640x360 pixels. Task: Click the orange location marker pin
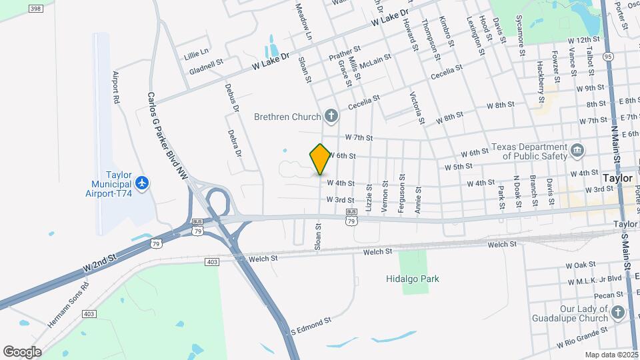(321, 159)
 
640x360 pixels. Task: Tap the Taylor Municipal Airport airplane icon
(141, 182)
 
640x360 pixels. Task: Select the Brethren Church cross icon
(331, 117)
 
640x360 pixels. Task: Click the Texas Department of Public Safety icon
(577, 151)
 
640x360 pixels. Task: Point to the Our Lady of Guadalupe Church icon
(618, 313)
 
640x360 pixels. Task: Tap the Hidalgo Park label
(415, 279)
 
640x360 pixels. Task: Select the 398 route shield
(36, 9)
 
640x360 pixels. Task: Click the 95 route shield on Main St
(607, 57)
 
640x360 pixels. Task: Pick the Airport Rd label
(115, 87)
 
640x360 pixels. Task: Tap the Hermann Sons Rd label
(69, 305)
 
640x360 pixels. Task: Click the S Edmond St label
(310, 326)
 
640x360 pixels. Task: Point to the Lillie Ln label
(197, 51)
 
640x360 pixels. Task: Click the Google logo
(22, 351)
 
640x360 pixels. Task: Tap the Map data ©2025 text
(610, 355)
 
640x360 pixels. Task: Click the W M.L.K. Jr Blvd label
(593, 278)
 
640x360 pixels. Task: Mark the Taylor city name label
(617, 179)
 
